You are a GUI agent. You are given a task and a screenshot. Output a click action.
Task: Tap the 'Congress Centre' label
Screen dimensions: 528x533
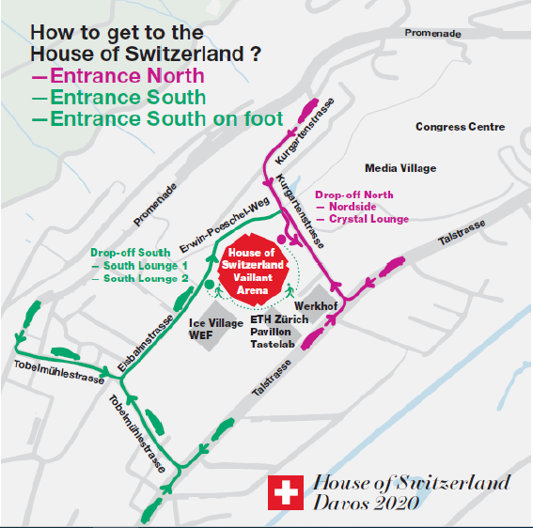tap(460, 127)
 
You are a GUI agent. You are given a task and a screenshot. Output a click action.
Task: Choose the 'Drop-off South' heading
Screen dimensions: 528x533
tap(131, 253)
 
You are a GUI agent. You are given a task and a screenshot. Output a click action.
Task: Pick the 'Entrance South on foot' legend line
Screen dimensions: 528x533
tap(156, 119)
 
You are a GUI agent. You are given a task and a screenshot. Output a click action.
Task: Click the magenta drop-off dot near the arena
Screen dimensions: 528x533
tap(281, 241)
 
